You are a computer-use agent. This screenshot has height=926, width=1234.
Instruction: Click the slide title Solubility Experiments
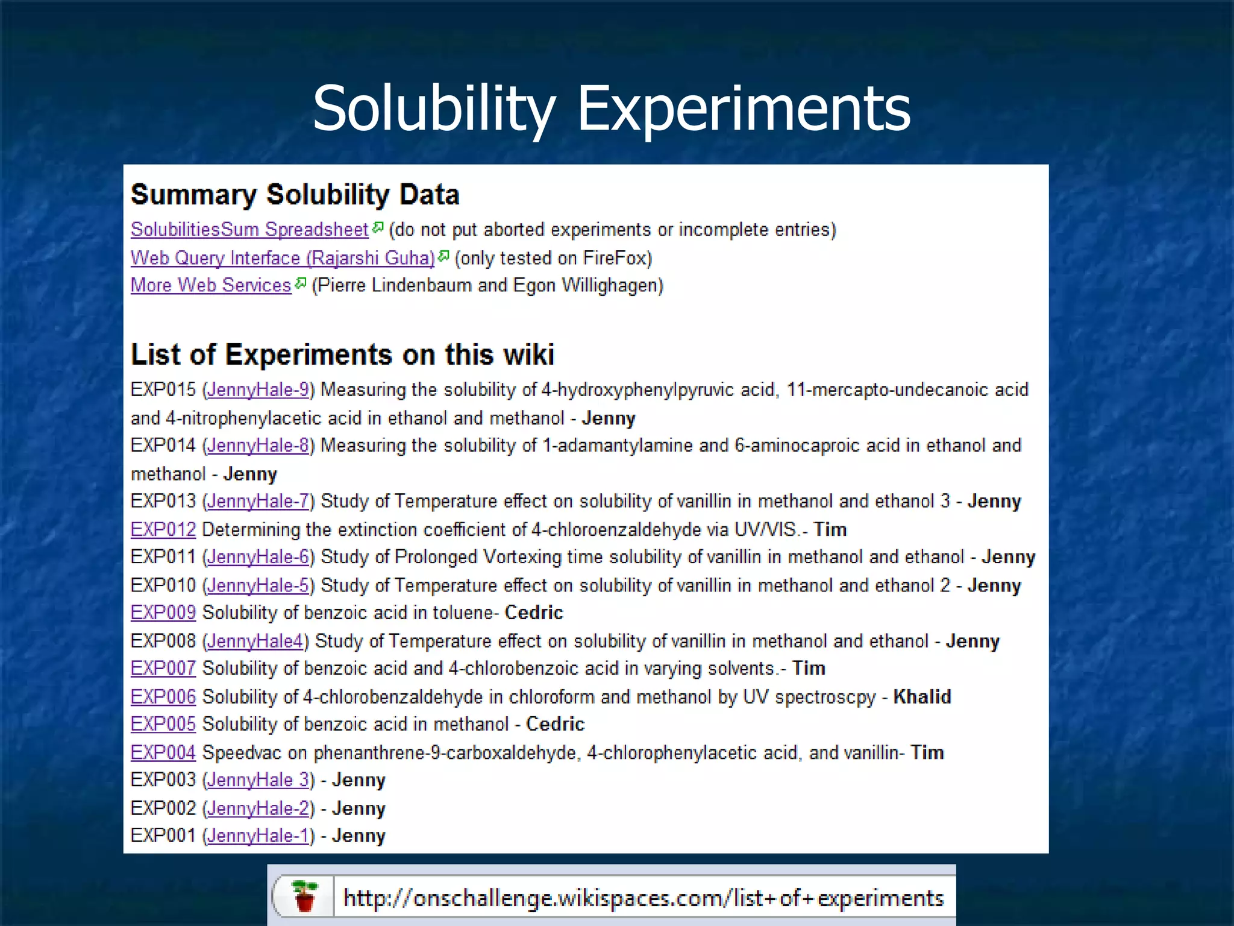click(611, 109)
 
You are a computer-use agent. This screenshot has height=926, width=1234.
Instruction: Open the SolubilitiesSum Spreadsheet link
click(249, 230)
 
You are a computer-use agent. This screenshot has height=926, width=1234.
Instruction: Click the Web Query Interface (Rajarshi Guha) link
click(282, 258)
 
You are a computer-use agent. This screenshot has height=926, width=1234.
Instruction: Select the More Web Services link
click(211, 285)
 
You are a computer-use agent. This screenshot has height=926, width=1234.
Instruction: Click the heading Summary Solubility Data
click(295, 195)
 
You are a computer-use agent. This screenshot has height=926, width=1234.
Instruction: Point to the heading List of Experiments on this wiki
click(342, 354)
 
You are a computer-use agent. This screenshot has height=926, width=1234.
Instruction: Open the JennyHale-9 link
click(258, 390)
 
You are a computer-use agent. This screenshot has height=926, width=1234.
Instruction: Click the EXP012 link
click(163, 530)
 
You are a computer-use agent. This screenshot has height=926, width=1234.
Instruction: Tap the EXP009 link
click(163, 613)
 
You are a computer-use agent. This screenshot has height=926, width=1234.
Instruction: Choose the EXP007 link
click(163, 669)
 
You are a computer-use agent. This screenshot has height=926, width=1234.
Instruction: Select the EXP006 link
click(163, 697)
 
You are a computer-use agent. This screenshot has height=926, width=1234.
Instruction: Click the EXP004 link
click(163, 753)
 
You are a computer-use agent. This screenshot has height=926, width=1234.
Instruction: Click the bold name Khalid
click(922, 697)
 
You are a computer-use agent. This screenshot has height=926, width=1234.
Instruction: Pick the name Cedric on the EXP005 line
click(555, 724)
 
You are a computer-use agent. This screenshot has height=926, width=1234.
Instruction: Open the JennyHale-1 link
click(258, 836)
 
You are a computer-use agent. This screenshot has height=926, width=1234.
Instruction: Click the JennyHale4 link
click(255, 641)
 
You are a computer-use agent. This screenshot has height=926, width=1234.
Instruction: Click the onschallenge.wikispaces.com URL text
click(643, 898)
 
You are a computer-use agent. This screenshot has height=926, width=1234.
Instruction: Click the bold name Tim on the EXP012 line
click(830, 530)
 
